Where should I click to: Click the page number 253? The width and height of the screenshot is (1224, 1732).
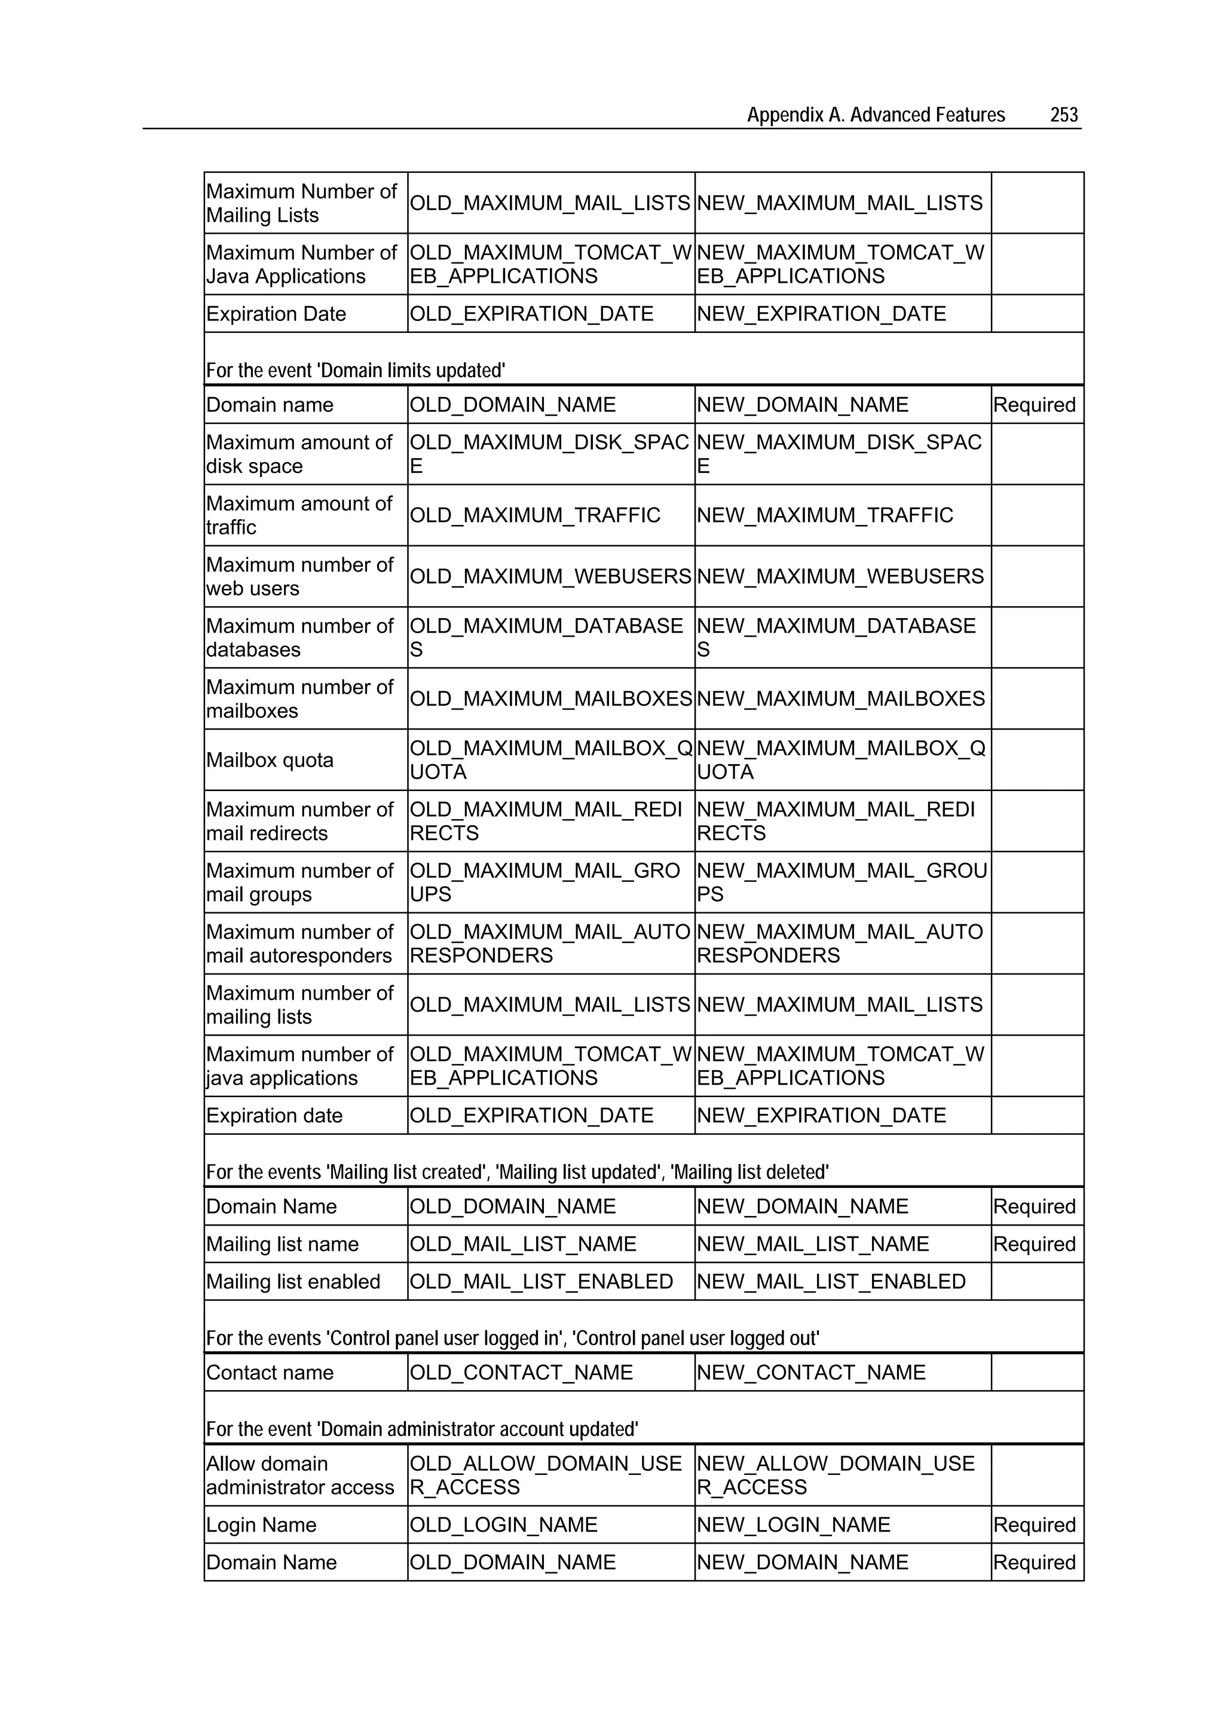point(1063,115)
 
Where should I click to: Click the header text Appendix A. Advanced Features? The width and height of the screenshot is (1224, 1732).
point(876,115)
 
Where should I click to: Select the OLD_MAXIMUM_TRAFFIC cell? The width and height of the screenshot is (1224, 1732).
point(535,515)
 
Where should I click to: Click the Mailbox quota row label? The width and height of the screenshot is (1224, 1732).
point(270,760)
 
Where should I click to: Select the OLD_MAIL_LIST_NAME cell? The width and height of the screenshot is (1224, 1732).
point(522,1244)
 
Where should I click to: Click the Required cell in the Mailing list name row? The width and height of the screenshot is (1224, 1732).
point(1034,1244)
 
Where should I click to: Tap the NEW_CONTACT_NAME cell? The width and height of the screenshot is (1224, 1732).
point(811,1372)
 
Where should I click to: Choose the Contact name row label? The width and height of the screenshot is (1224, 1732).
point(270,1372)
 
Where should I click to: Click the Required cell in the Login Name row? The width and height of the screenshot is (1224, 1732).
point(1034,1525)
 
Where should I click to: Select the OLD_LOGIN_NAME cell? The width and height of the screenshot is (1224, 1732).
point(503,1525)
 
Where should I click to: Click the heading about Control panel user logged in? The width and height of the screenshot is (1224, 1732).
point(512,1338)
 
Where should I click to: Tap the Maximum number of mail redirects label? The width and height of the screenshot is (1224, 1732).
point(299,821)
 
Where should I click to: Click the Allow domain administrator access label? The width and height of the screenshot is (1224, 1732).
point(299,1475)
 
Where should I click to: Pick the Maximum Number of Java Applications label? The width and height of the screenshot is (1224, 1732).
point(301,264)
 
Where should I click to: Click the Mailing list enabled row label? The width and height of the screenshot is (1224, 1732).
point(293,1282)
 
